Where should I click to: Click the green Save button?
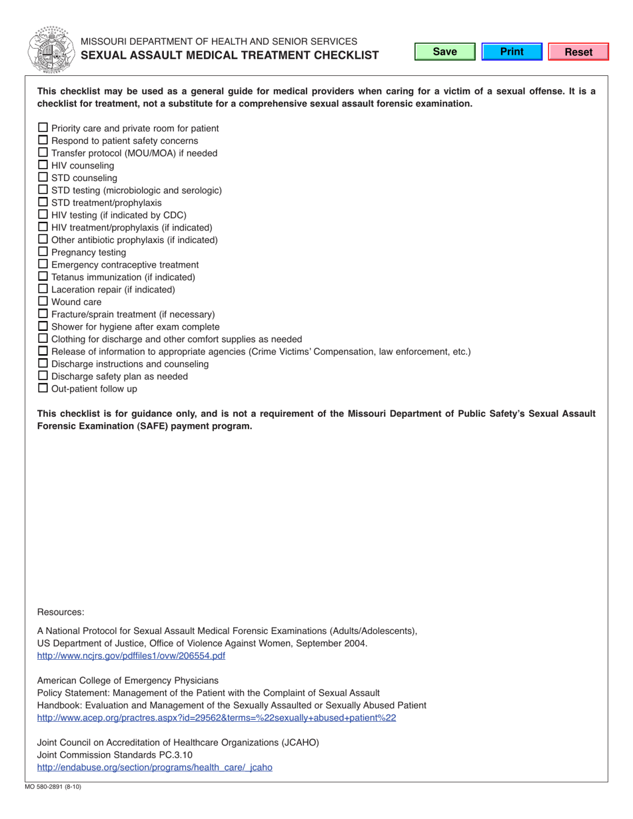pos(444,52)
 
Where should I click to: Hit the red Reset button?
pos(578,52)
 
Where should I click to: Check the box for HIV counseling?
pos(43,164)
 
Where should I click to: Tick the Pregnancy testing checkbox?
pos(43,252)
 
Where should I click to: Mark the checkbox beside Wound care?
pos(43,301)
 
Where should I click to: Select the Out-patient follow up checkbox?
pos(43,388)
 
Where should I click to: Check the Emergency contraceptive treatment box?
pos(43,264)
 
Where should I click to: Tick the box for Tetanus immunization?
pos(43,276)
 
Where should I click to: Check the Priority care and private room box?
pos(43,127)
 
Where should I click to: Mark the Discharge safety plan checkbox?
pos(43,376)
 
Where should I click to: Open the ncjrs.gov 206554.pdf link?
pos(131,656)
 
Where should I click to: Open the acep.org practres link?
pos(217,718)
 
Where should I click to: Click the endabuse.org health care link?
pos(155,767)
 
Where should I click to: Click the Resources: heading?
pos(61,612)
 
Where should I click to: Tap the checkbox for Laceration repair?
pos(43,289)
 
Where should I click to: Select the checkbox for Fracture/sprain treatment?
pos(43,314)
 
